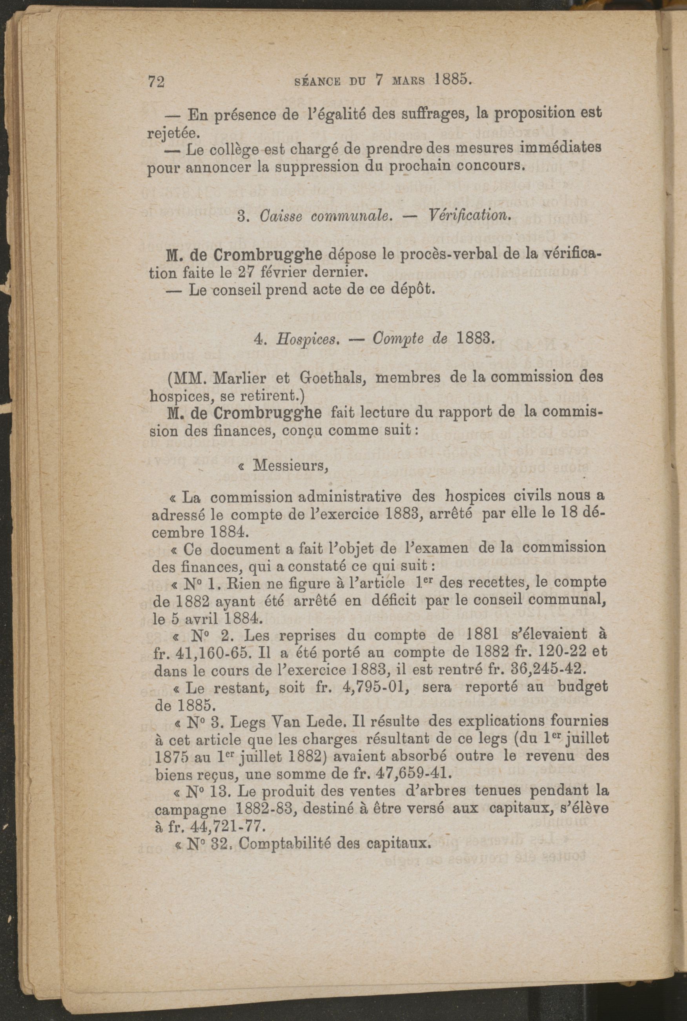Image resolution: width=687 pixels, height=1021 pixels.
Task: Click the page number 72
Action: coord(156,82)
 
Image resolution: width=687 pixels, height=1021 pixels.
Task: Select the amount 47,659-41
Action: coord(414,773)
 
